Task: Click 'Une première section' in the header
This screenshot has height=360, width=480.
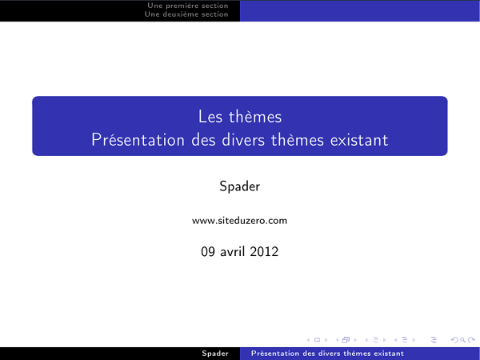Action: [187, 6]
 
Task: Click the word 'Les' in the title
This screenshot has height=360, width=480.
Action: [209, 118]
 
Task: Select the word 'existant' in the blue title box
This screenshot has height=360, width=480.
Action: [359, 140]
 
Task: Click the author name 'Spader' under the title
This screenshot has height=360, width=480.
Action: [240, 186]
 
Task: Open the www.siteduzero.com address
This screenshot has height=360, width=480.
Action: [240, 220]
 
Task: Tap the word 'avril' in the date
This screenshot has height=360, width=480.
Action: [238, 251]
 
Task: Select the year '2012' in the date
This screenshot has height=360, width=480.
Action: [265, 251]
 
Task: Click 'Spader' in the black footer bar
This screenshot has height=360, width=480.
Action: [215, 353]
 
